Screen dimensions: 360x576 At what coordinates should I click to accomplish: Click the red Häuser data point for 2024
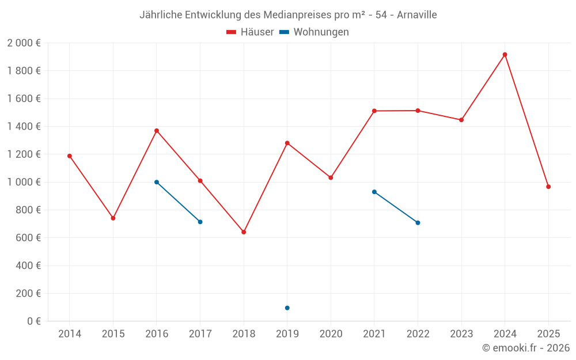(505, 55)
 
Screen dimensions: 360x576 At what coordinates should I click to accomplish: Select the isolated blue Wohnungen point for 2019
(287, 308)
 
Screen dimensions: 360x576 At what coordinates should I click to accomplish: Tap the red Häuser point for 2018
(244, 232)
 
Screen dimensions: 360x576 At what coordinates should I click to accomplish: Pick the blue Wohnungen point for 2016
(157, 182)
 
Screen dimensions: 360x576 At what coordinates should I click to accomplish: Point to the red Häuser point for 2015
(113, 218)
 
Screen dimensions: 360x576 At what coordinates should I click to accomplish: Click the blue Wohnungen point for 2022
(418, 223)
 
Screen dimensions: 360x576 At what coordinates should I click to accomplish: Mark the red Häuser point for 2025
(548, 187)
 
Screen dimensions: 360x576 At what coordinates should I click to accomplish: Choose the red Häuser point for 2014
(70, 156)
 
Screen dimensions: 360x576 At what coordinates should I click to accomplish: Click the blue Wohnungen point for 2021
(374, 192)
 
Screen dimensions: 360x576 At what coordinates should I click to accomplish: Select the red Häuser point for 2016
(157, 131)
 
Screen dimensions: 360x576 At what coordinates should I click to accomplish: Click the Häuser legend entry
(250, 32)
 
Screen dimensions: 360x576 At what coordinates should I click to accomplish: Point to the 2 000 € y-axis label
(24, 43)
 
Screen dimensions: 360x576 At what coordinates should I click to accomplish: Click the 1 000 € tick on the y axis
(24, 182)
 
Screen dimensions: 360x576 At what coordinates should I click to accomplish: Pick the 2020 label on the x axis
(331, 334)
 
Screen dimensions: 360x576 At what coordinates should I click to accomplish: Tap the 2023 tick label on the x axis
(461, 334)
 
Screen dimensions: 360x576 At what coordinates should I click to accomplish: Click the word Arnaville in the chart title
(416, 15)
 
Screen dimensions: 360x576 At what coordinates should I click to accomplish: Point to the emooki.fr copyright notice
(526, 348)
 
